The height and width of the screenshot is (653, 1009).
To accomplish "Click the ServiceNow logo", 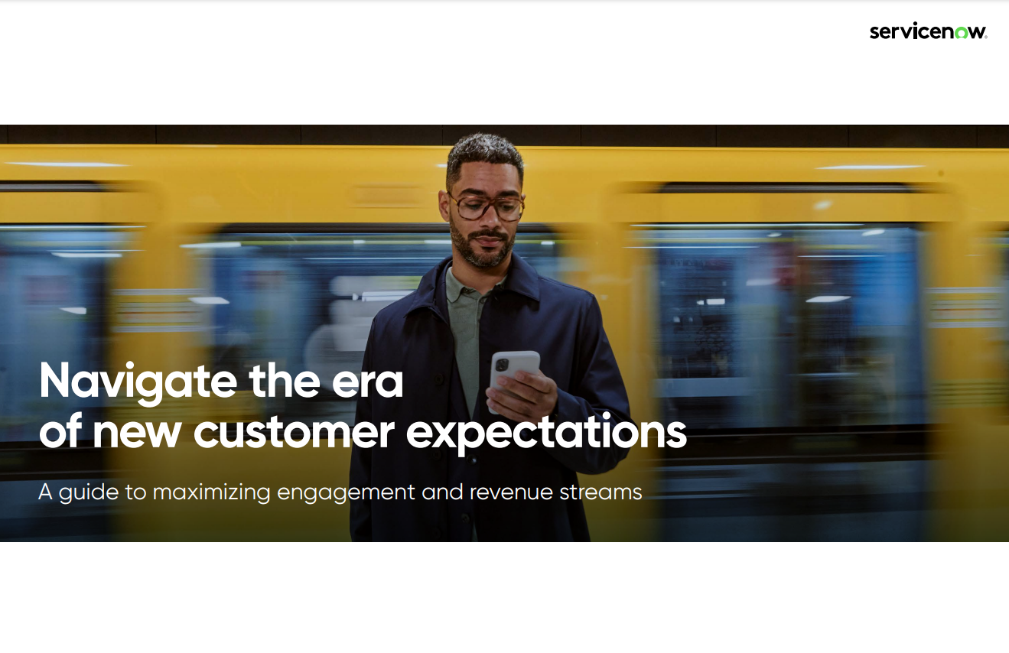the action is click(929, 31).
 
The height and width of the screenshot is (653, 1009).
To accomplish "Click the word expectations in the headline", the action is click(546, 434).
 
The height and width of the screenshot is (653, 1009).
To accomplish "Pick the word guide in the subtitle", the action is click(89, 492).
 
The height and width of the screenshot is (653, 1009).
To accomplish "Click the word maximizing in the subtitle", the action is click(211, 492).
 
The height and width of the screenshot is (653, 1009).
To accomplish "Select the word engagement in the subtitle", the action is click(346, 492).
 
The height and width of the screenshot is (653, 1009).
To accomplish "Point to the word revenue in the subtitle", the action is click(511, 492).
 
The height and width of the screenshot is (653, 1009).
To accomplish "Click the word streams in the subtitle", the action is click(601, 492).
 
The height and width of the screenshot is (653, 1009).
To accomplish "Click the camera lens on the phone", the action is click(501, 364).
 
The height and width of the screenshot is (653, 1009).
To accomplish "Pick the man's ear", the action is click(444, 206).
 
